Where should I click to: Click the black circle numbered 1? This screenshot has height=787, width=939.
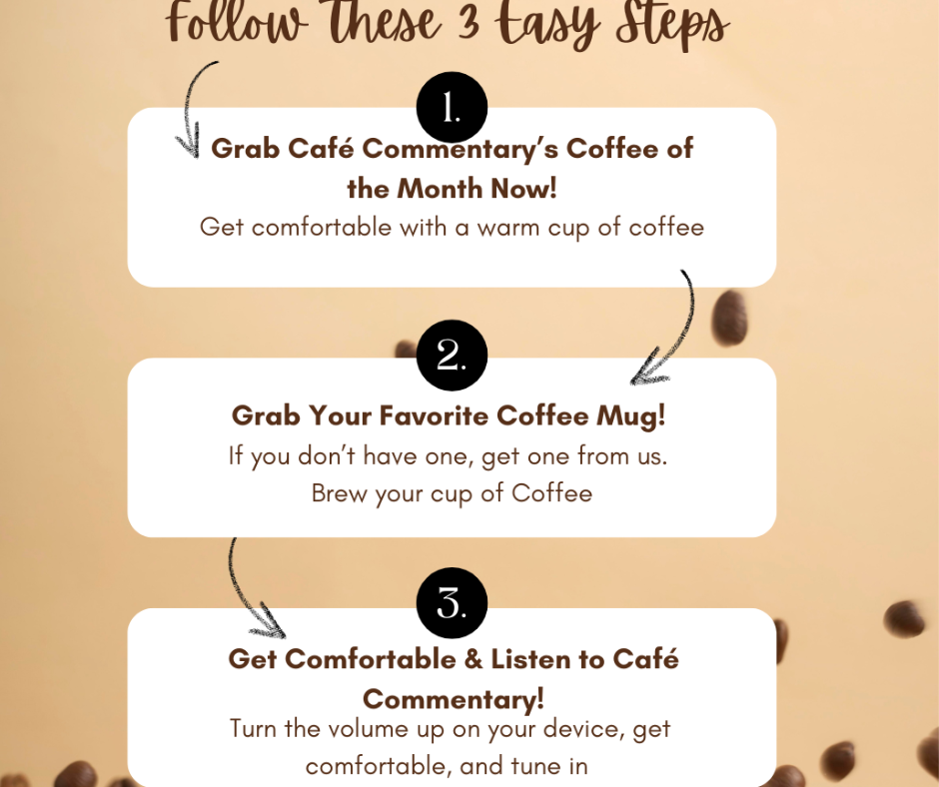click(x=452, y=107)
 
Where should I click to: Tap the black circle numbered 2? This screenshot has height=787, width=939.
click(x=452, y=356)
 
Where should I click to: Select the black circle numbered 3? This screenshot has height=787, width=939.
click(x=452, y=602)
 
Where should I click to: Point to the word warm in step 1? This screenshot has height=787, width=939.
click(x=507, y=228)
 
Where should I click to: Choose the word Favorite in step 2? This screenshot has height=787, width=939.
click(x=434, y=415)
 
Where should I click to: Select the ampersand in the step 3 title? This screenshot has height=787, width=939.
click(x=473, y=659)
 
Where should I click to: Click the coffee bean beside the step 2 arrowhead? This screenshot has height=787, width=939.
click(x=729, y=317)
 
